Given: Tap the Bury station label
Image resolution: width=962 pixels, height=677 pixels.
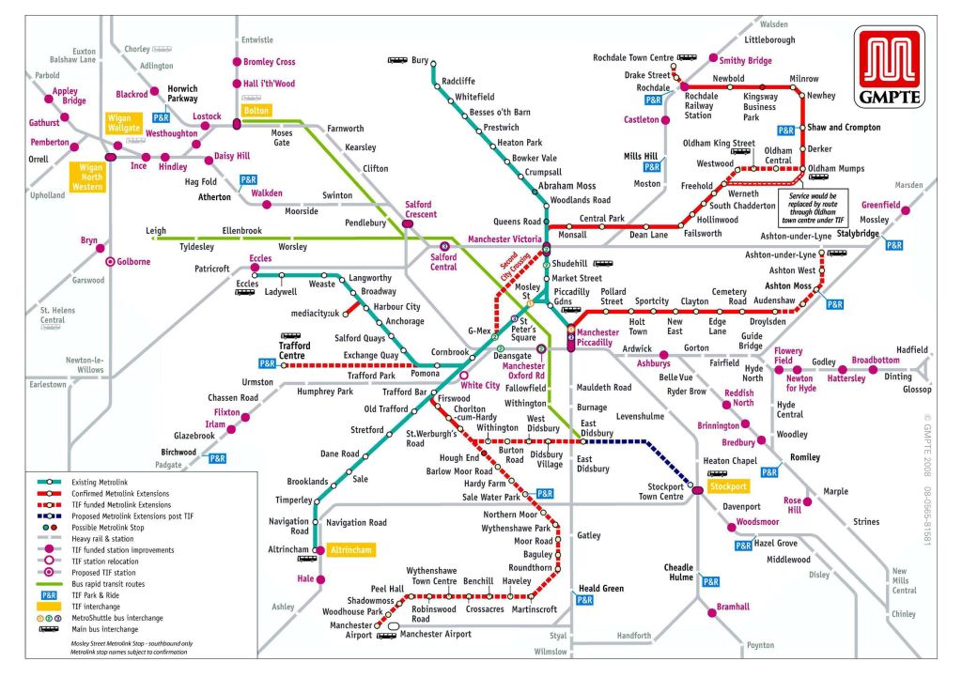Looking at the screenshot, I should tap(420, 61).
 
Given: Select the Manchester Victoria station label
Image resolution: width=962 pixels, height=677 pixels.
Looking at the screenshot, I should tap(504, 239).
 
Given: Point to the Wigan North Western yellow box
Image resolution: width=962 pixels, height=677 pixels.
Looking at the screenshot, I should tap(88, 176).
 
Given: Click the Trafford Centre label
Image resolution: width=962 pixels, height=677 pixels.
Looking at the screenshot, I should tap(295, 350).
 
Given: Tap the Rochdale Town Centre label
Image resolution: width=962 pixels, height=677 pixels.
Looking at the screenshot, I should tap(633, 58).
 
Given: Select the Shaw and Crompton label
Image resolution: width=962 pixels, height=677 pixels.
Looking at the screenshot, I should tap(844, 128).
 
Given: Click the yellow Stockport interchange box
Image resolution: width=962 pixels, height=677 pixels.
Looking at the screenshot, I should tap(727, 487).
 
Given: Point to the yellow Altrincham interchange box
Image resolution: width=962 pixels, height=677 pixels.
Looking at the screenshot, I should tap(351, 549).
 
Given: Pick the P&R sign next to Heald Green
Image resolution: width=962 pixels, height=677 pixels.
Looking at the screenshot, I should tap(584, 600).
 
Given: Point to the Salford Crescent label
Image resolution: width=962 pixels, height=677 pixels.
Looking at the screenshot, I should tap(420, 209).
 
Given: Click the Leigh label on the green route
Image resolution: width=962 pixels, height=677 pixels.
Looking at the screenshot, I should tap(156, 230).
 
